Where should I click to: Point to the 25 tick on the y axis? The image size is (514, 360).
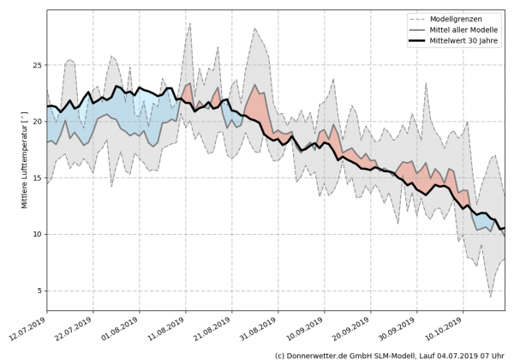pyautogui.click(x=37, y=65)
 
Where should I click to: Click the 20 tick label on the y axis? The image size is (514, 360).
pyautogui.click(x=37, y=122)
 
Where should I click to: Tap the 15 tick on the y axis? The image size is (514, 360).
pyautogui.click(x=37, y=177)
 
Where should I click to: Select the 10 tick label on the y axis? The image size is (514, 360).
pyautogui.click(x=37, y=234)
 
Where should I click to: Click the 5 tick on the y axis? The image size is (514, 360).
pyautogui.click(x=39, y=291)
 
